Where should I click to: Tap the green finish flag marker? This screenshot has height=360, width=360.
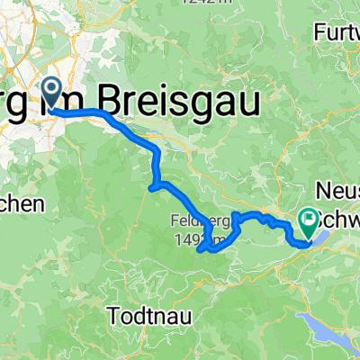click(309, 219)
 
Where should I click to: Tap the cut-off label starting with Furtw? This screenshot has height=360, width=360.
click(337, 32)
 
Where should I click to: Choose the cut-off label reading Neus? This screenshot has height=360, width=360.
click(337, 192)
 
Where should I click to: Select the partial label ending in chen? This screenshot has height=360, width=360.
click(21, 204)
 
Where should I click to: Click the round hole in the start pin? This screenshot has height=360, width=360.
click(51, 87)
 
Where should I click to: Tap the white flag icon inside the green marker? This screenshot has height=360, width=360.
click(309, 216)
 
